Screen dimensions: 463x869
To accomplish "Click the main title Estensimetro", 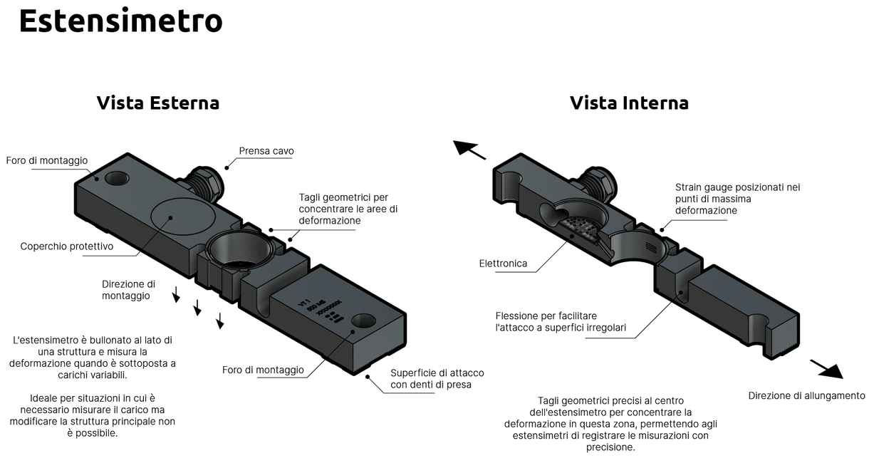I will click(x=120, y=21).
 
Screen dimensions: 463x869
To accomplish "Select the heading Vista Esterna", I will click(x=157, y=103).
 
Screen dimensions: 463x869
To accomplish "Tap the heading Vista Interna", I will click(x=629, y=103).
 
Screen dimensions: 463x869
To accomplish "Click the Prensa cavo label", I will click(x=266, y=151).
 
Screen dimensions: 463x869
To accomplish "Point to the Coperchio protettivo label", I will click(x=67, y=246).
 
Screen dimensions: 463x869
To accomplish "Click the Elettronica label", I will click(x=503, y=264).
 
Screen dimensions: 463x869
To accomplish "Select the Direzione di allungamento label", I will click(x=806, y=396).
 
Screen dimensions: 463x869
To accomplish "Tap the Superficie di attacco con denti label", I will click(x=431, y=379).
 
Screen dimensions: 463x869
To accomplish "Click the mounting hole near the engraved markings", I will click(x=363, y=321).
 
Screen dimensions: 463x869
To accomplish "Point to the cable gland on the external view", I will click(x=206, y=182).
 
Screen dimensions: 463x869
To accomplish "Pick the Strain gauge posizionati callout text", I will click(x=737, y=199).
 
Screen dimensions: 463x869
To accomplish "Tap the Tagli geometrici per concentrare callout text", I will click(x=348, y=209).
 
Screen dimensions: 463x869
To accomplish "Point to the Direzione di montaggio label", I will click(x=128, y=289).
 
